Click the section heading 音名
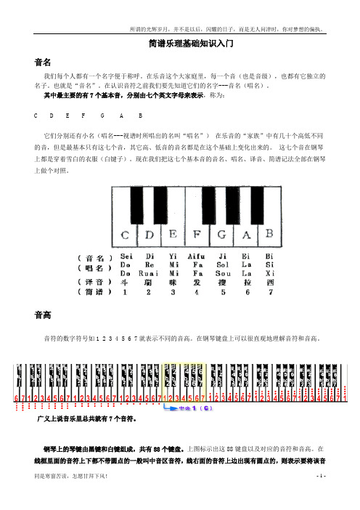41,62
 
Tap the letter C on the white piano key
126,235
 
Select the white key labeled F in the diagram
198,235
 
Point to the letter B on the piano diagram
269,234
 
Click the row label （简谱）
94,292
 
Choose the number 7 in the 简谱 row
270,292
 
